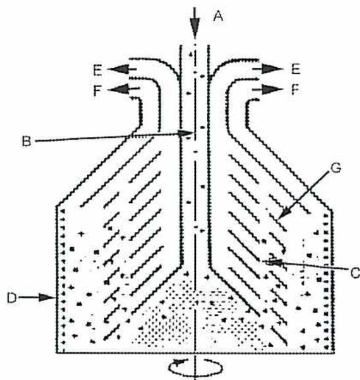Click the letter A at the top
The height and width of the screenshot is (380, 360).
coord(218,16)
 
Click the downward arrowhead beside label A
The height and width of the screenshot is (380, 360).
coord(195,27)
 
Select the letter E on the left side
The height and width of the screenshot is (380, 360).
coord(98,70)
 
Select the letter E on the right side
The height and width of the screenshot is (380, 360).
coord(296,69)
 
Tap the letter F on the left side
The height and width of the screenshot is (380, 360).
coord(98,91)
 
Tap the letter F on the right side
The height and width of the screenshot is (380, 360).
coord(295,90)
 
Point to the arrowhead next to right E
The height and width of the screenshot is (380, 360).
coord(272,69)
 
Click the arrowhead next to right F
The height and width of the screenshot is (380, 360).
coord(272,90)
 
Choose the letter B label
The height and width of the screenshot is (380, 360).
coord(26,142)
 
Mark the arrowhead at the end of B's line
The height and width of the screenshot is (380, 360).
coord(185,133)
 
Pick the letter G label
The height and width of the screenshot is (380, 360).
coord(336,168)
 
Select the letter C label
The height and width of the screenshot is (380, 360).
coord(355,273)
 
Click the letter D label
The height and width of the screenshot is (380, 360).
coord(12,298)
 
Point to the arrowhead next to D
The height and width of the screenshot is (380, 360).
coord(46,297)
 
